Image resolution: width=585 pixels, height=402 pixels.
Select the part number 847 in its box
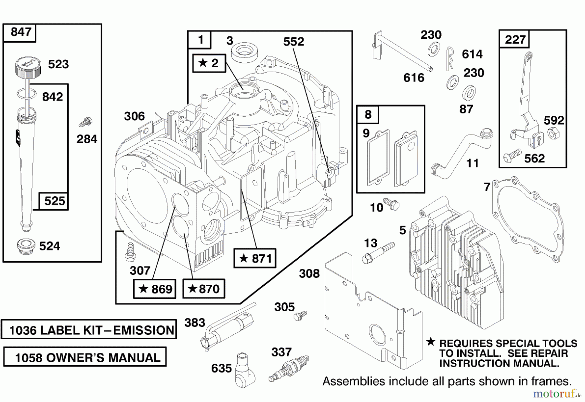click(x=21, y=32)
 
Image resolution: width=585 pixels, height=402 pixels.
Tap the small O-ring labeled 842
click(x=26, y=94)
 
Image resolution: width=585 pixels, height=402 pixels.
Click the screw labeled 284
click(x=86, y=123)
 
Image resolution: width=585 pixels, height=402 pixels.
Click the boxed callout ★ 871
click(x=255, y=258)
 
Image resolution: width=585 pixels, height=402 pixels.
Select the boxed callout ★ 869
click(x=155, y=289)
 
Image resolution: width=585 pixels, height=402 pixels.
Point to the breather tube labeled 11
click(x=461, y=153)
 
